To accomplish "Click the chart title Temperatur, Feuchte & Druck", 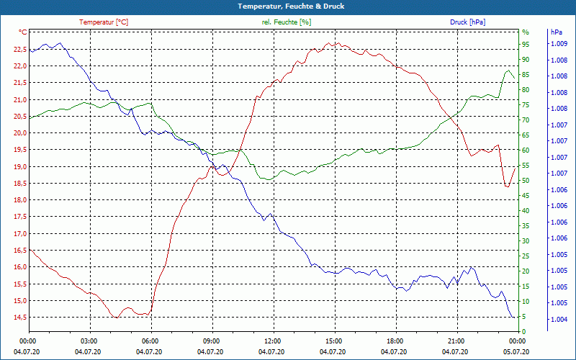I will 287,6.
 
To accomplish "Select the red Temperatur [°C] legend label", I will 104,22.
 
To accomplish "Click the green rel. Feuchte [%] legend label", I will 287,22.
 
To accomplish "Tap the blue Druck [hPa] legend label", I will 467,22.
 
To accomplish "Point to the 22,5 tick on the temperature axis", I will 19,50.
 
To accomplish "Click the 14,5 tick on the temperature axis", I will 19,318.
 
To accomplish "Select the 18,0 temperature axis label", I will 19,200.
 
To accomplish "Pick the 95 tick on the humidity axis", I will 526,44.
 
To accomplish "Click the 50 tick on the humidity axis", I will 526,181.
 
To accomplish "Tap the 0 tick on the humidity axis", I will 523,332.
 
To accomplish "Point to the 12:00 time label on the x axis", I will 271,341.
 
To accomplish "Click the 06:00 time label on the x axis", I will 150,341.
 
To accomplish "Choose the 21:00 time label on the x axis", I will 454,341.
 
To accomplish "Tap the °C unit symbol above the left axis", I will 23,32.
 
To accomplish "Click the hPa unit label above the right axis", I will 557,32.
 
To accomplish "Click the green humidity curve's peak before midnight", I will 508,71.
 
